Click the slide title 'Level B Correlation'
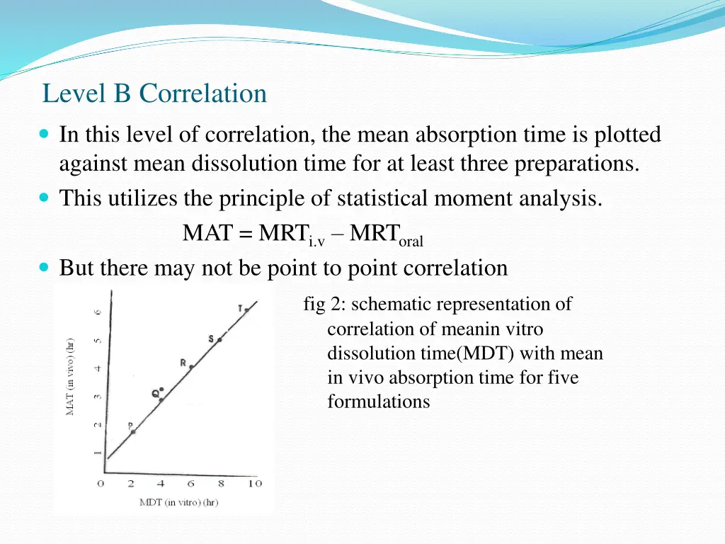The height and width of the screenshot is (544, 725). [154, 93]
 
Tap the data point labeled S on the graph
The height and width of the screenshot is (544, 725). [219, 340]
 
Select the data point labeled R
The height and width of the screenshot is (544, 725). [191, 367]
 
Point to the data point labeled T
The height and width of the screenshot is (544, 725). [247, 310]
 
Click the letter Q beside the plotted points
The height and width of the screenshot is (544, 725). [154, 393]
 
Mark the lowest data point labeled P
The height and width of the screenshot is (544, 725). [132, 431]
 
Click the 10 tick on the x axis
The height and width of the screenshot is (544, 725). [255, 484]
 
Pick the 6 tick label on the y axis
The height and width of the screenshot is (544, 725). [99, 311]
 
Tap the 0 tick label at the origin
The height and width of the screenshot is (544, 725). [101, 484]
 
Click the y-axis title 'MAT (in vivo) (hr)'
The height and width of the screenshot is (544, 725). [71, 375]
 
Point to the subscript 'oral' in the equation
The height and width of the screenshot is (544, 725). [411, 242]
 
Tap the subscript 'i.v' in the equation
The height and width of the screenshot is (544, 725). [316, 242]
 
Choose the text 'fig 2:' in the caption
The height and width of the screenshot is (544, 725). [324, 305]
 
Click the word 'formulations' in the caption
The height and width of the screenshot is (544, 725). [378, 402]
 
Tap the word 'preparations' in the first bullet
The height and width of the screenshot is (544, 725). [576, 164]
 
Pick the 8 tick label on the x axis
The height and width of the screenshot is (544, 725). [221, 484]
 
